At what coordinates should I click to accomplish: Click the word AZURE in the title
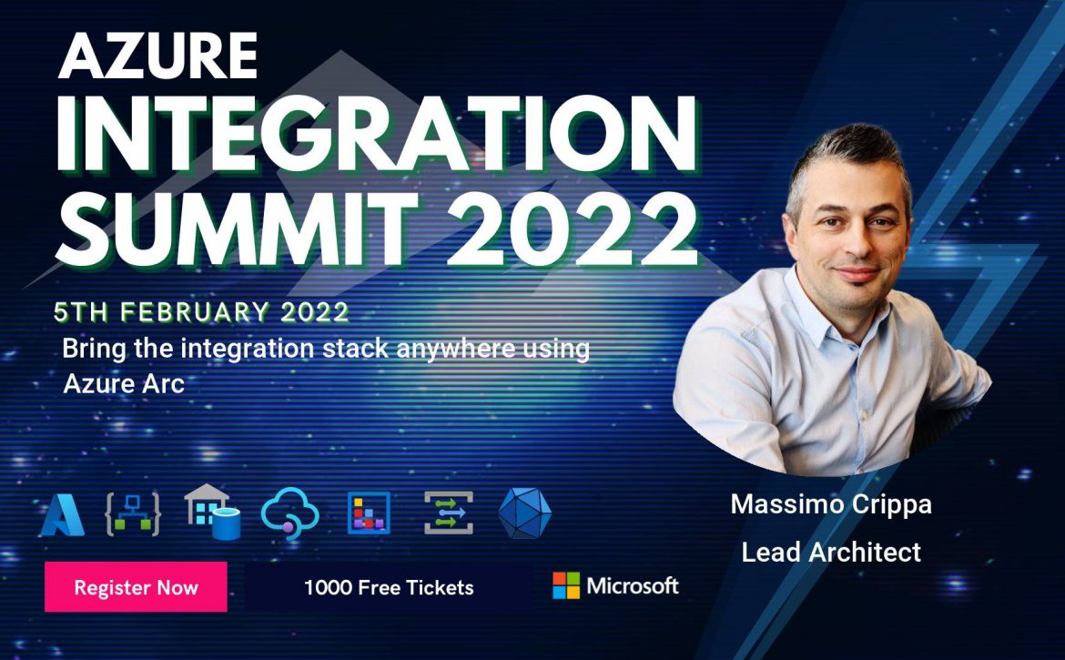coord(158,56)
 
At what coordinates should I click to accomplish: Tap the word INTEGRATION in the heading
coord(377,135)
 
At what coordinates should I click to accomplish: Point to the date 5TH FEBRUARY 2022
coord(202,312)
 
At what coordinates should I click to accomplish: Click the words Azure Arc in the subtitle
coord(124,383)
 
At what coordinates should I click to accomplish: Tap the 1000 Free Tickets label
coord(389,587)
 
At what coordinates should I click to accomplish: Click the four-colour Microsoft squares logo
coord(566,585)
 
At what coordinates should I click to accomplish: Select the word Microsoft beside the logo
coord(633,585)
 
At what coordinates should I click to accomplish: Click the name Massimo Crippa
coord(831,504)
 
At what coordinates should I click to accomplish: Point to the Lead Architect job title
coord(831,552)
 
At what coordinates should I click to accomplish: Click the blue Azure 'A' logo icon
coord(63,514)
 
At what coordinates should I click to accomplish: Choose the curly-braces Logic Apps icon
coord(133,514)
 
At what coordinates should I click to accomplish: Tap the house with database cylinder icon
coord(213,512)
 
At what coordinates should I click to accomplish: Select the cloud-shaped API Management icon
coord(290,513)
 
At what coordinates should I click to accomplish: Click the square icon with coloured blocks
coord(369,513)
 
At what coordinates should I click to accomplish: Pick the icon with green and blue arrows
coord(448,513)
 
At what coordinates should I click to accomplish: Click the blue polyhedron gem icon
coord(525,513)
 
